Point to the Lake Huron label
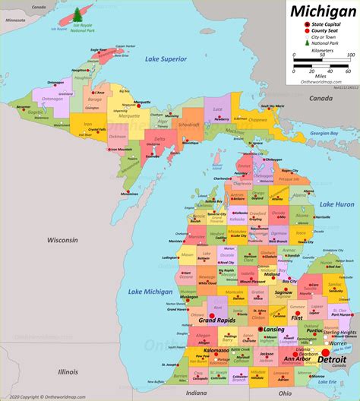[x=336, y=204]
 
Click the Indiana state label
[x=196, y=393]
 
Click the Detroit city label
[x=335, y=358]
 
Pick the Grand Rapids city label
[x=215, y=320]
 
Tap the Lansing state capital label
[x=273, y=329]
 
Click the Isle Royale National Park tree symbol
[x=79, y=14]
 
